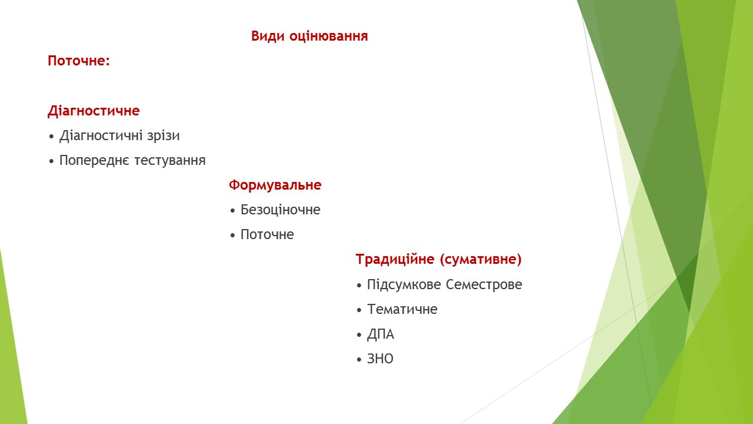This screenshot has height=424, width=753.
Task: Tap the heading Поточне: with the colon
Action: [79, 61]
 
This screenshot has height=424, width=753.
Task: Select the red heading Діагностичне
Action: [94, 111]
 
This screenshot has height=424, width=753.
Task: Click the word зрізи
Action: [164, 135]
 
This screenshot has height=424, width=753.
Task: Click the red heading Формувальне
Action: [275, 185]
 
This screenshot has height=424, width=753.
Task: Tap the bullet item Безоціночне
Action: [281, 210]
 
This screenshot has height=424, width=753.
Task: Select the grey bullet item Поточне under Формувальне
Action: [267, 234]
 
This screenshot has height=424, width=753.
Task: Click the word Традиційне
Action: [395, 260]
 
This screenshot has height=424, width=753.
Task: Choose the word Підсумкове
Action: [404, 284]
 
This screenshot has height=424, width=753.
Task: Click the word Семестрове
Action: [484, 284]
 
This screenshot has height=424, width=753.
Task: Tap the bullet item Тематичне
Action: [402, 309]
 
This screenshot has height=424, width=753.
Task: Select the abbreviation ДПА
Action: [381, 334]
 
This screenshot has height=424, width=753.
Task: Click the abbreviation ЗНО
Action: [380, 359]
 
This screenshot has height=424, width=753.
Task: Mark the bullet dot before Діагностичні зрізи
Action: [51, 137]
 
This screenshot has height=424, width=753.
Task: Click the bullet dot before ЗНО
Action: [359, 360]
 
